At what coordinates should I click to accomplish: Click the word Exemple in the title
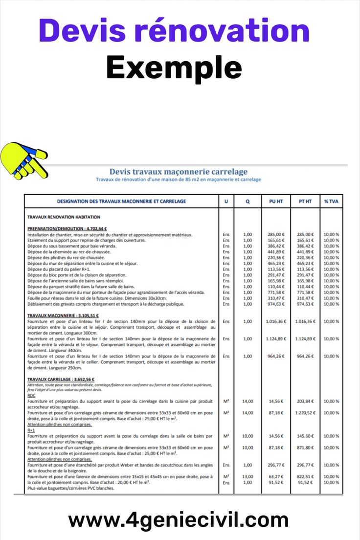point(174,67)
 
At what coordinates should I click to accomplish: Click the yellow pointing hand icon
point(24,160)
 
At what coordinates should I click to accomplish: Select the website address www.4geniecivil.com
point(179,519)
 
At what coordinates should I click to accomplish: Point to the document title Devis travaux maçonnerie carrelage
point(179,172)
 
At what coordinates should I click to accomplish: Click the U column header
point(226,201)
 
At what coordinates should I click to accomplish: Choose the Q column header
point(247,201)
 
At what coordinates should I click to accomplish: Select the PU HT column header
point(276,201)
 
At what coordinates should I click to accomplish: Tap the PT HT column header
point(305,201)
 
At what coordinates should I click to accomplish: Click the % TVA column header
point(331,201)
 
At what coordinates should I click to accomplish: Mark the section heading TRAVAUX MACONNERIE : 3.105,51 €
point(63,315)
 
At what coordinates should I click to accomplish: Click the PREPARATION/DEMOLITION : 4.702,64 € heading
point(67,228)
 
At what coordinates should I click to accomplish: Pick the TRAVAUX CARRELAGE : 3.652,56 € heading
point(61,379)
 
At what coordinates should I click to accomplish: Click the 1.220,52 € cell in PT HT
point(305,413)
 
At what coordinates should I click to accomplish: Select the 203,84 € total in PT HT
point(305,401)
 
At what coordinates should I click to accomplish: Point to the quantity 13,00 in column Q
point(247,476)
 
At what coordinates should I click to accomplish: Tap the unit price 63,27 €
point(276,476)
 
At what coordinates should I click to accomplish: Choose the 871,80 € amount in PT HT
point(305,448)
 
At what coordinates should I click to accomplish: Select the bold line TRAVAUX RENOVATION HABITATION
point(64,217)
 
